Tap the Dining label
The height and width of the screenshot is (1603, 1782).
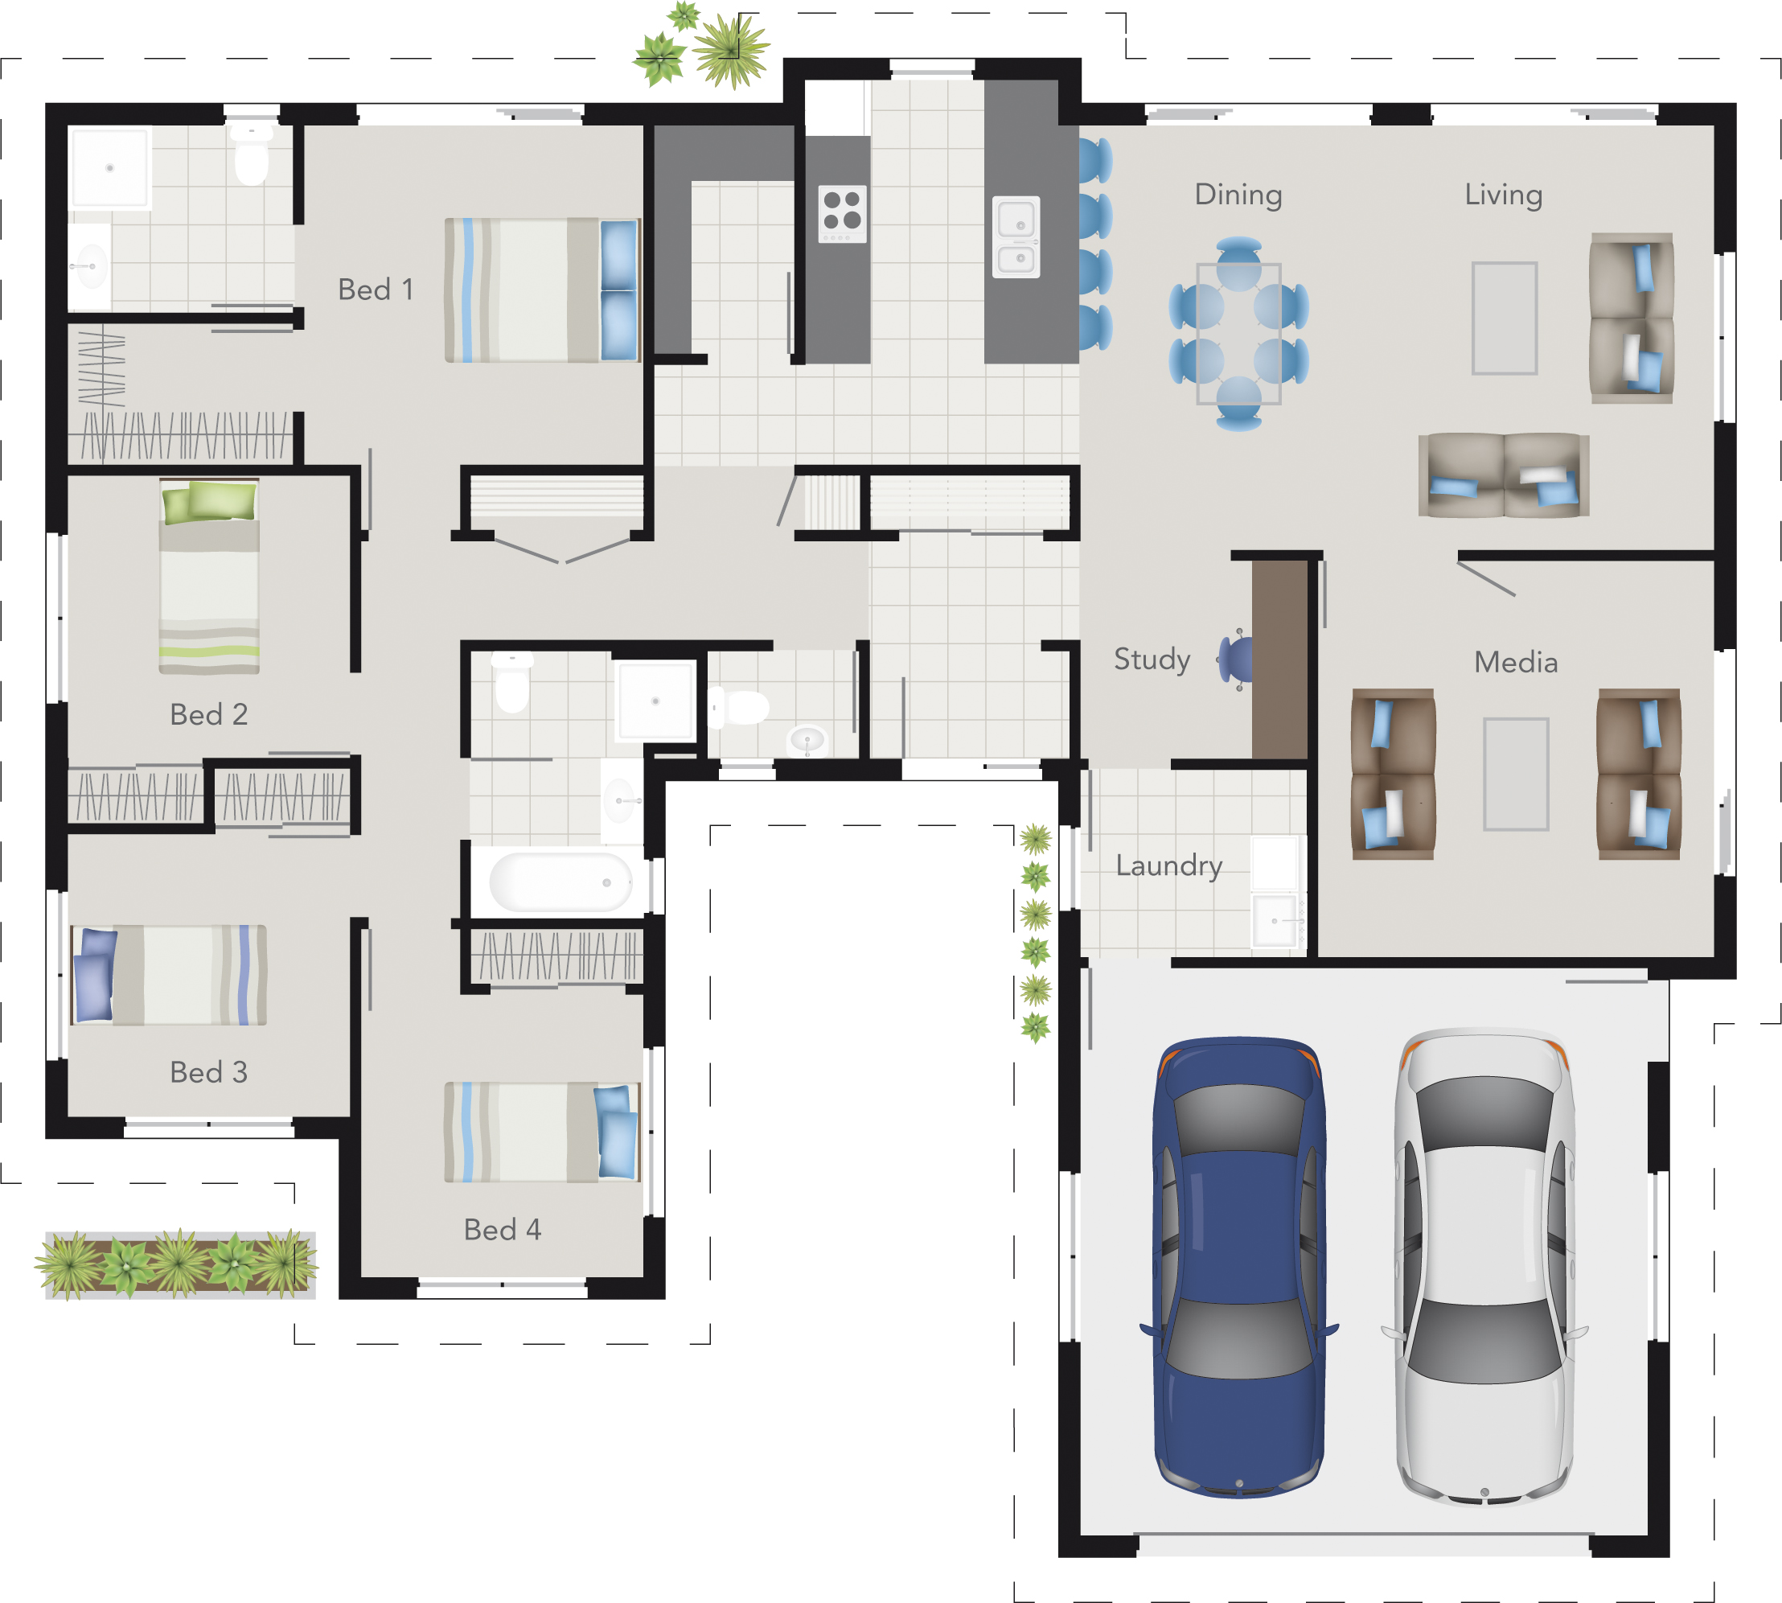click(x=1238, y=195)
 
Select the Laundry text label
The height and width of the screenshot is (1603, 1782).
click(x=1168, y=865)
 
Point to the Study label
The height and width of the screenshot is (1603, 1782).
click(x=1152, y=659)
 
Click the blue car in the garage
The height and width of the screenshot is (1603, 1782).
click(x=1238, y=1268)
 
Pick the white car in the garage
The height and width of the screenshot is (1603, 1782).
click(x=1484, y=1268)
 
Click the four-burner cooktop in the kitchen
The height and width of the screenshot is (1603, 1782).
click(x=843, y=213)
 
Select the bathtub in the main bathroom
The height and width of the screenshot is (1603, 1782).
click(x=560, y=882)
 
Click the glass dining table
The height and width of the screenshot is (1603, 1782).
click(x=1238, y=334)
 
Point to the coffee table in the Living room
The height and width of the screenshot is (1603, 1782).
click(x=1505, y=318)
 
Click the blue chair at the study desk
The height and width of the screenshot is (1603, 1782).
click(x=1234, y=659)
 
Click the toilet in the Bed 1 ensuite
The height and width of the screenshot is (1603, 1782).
click(x=252, y=157)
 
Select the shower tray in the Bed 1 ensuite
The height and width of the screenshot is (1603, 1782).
click(x=110, y=167)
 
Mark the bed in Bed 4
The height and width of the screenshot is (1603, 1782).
click(x=540, y=1132)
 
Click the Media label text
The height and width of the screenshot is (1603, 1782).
click(x=1515, y=662)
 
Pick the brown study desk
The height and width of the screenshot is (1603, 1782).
click(x=1279, y=659)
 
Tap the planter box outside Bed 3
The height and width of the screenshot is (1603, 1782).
click(x=179, y=1264)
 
